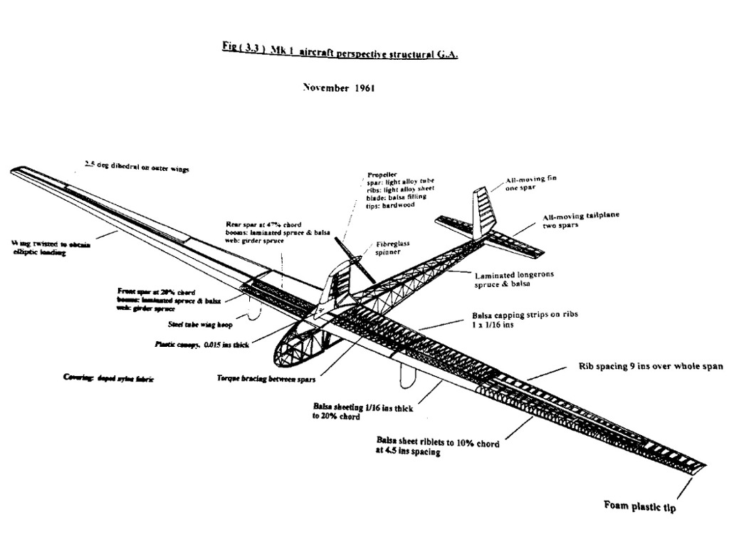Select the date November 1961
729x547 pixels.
pyautogui.click(x=335, y=88)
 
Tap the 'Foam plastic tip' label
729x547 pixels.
pyautogui.click(x=640, y=507)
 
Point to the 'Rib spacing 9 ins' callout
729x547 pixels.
pyautogui.click(x=651, y=367)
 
